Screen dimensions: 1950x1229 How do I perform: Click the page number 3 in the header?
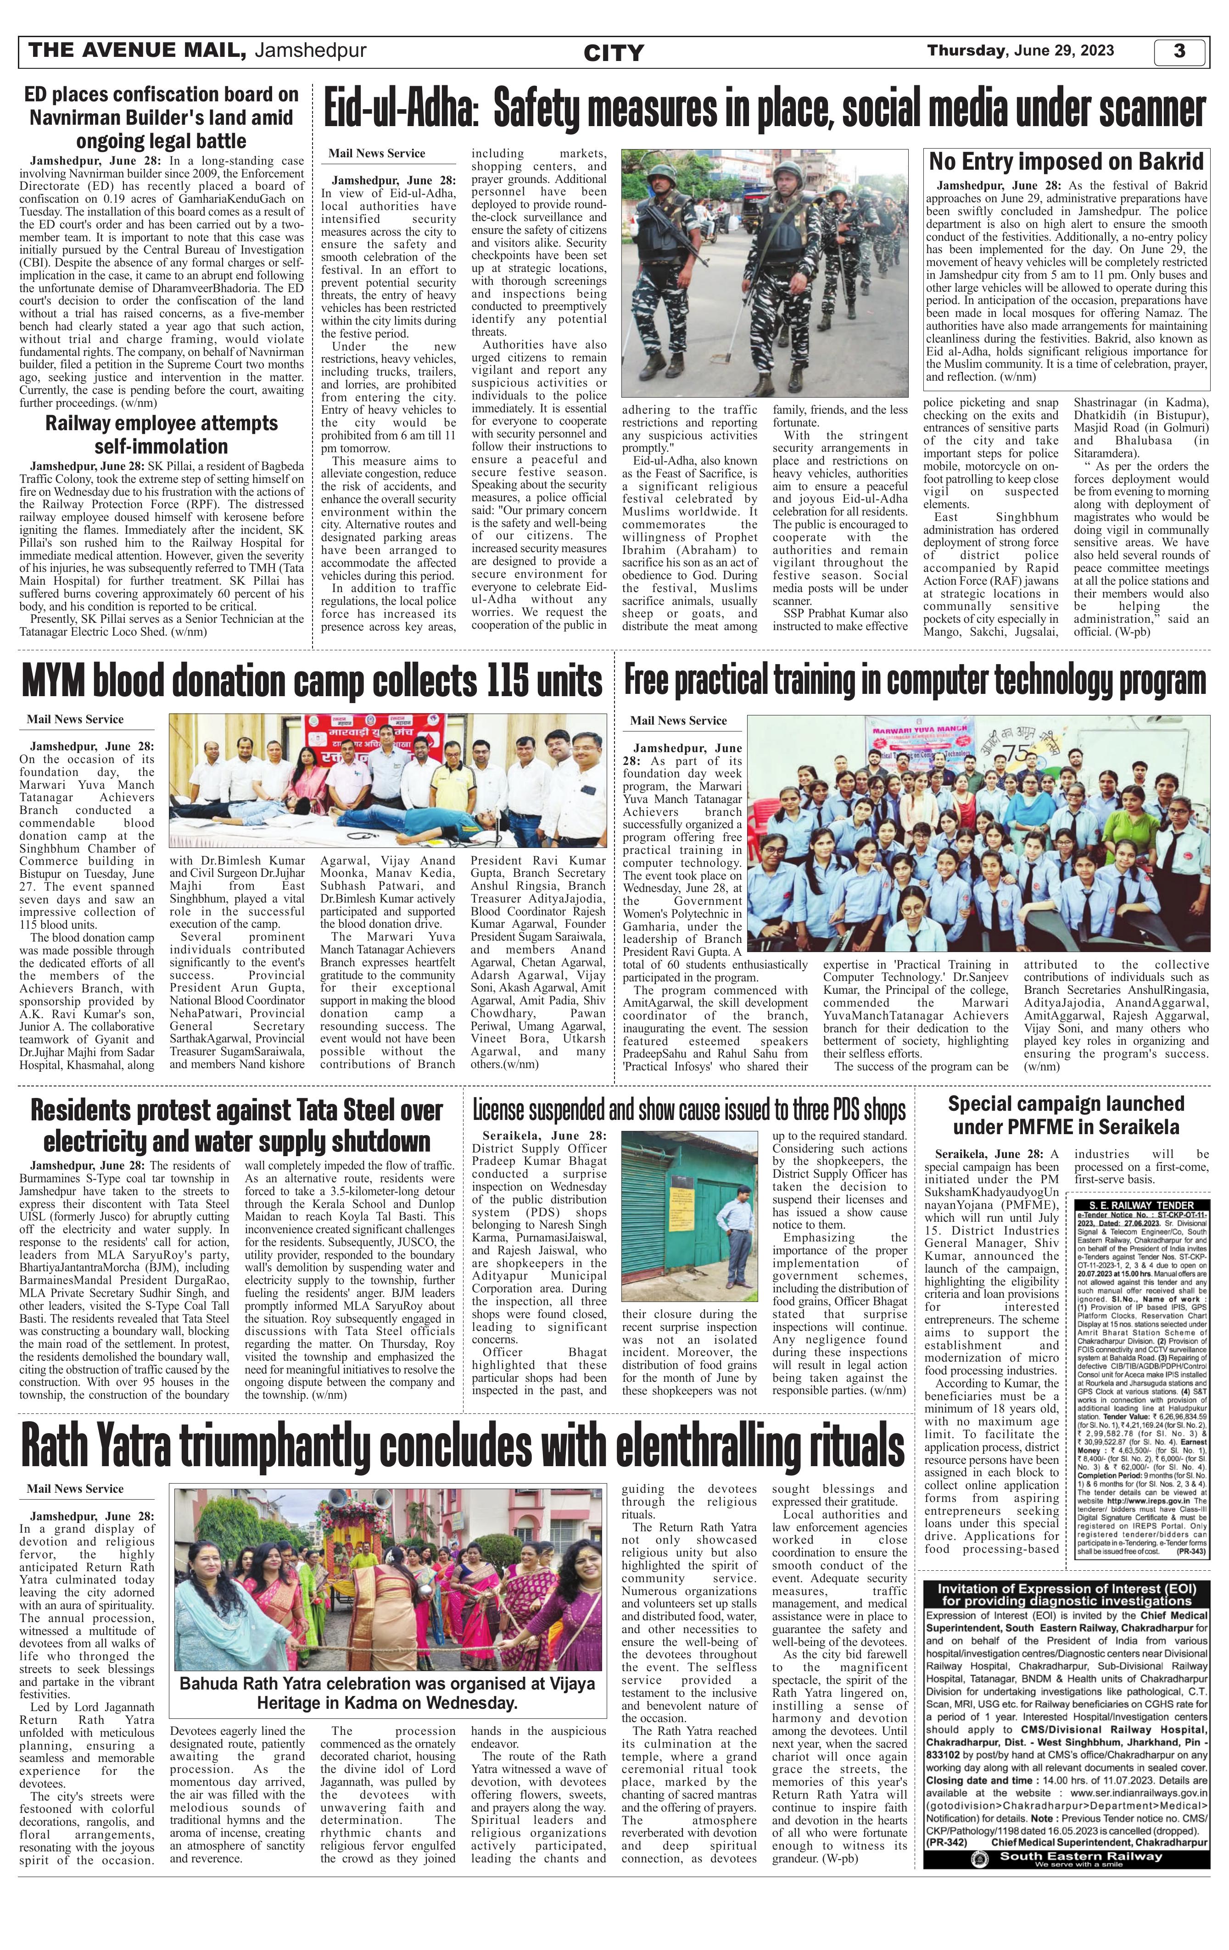1179,51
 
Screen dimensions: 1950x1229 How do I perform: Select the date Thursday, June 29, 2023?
1020,50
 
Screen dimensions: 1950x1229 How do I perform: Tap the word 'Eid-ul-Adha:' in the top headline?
397,111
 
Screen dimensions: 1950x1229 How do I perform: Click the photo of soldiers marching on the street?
764,273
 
